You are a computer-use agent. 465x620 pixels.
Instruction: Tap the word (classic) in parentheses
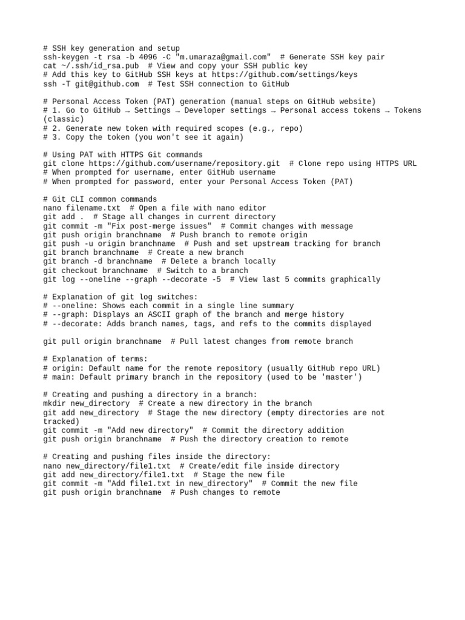(x=64, y=119)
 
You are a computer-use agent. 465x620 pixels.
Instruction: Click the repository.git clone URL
(x=184, y=163)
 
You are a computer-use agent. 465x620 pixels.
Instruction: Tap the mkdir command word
(x=55, y=404)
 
